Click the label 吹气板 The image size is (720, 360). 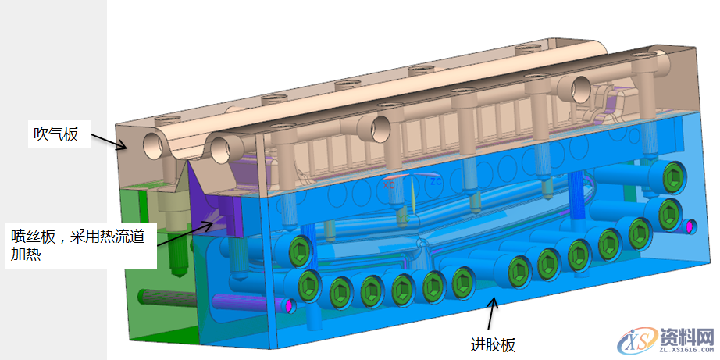click(x=56, y=134)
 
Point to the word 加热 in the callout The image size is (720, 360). click(x=27, y=254)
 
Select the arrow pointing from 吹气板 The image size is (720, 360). click(x=109, y=141)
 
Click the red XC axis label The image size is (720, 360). click(x=390, y=186)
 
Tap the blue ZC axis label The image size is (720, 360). click(x=436, y=182)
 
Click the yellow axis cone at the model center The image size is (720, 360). click(x=413, y=195)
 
